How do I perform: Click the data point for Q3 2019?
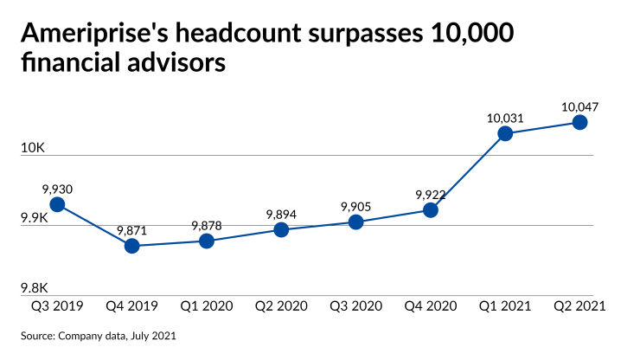pyautogui.click(x=57, y=204)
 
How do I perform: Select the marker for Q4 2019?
pyautogui.click(x=131, y=246)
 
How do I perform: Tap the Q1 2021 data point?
pyautogui.click(x=506, y=133)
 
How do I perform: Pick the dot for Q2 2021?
pyautogui.click(x=580, y=122)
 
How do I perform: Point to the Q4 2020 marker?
pyautogui.click(x=431, y=210)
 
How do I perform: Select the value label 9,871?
pyautogui.click(x=132, y=230)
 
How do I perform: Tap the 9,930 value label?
pyautogui.click(x=57, y=188)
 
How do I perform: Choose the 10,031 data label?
pyautogui.click(x=506, y=118)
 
